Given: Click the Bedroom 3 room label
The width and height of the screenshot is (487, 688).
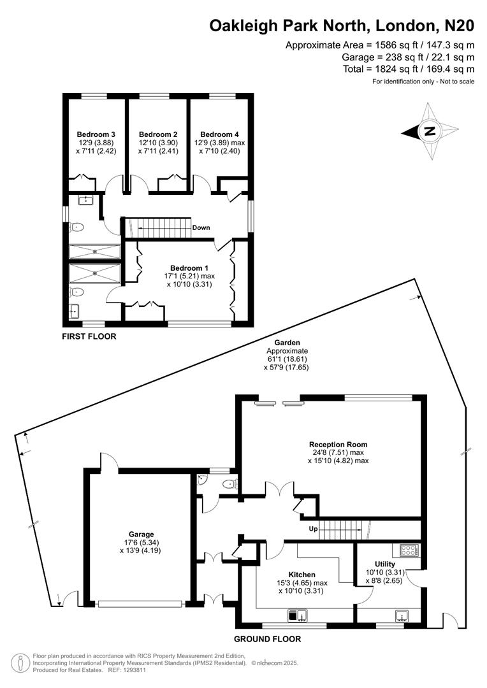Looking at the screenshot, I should tap(96, 134).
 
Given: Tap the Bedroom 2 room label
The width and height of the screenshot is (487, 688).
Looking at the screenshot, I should tap(157, 134).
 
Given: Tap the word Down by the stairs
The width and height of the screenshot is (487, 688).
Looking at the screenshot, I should tap(201, 227).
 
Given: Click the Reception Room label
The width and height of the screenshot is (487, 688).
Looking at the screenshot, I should tap(338, 444).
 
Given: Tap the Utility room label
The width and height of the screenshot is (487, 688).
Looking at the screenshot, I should tap(385, 564).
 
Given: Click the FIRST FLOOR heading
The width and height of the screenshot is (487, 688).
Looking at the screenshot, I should tap(89, 336).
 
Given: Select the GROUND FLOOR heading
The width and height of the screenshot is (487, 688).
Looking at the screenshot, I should tap(267, 639).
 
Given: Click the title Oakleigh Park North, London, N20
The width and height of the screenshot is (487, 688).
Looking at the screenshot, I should tap(342, 25).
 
